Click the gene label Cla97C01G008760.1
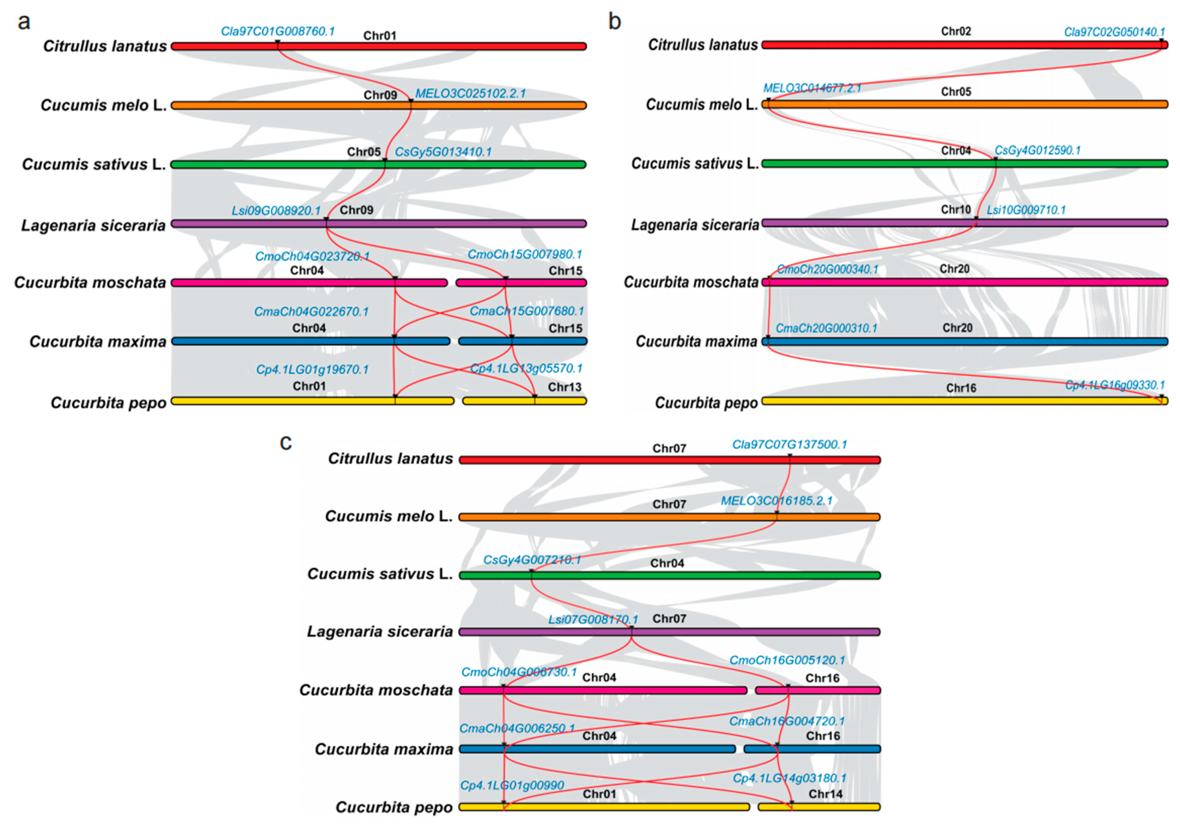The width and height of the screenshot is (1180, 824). coord(278,31)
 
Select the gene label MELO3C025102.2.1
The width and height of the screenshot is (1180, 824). coord(470,94)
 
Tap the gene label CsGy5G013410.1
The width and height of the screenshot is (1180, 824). coord(443,152)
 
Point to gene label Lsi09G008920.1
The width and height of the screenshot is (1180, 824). coord(276,211)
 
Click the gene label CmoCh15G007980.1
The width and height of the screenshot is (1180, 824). coord(525,254)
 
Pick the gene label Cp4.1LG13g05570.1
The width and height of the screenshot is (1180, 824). coord(526,368)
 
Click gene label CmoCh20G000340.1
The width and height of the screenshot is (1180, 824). coord(827,269)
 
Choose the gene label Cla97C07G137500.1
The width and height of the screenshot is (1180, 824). coord(789,444)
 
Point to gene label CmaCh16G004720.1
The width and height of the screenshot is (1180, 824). coord(787,721)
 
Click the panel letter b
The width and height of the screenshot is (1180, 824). coord(614,21)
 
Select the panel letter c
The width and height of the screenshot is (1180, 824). coord(286,442)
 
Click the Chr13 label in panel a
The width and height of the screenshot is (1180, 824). coord(564,387)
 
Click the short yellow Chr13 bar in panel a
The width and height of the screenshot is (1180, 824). coord(524,401)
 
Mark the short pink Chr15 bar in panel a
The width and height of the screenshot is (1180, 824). coord(521,283)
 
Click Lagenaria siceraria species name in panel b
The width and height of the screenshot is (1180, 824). coord(695,225)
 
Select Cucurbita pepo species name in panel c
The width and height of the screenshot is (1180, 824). coord(394,807)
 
